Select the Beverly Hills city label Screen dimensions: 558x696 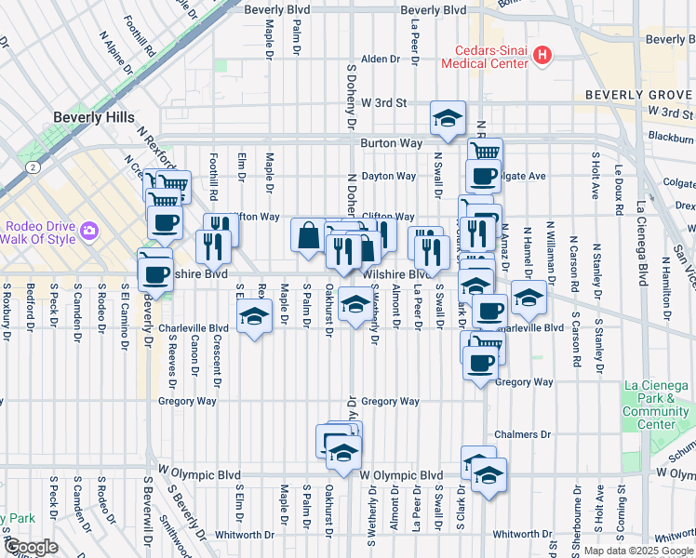tap(94, 118)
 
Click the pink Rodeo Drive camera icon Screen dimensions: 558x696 tap(89, 230)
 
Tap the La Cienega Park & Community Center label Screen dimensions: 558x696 tap(656, 405)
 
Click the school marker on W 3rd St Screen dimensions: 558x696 tap(448, 118)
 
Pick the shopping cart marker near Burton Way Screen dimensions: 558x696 tap(484, 153)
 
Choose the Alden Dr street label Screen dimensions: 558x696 tap(380, 59)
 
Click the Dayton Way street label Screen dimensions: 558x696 tap(389, 176)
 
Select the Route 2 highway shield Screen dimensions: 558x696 tap(33, 167)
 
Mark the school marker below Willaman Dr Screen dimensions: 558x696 tap(529, 297)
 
